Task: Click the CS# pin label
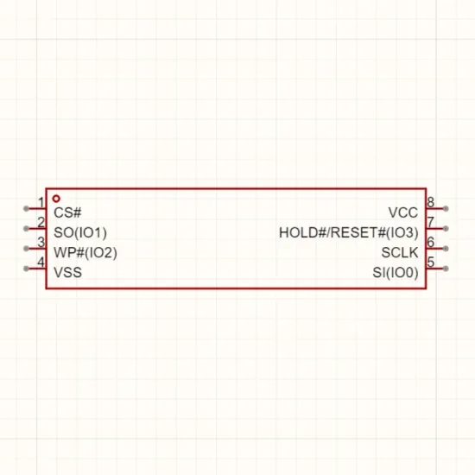pyautogui.click(x=67, y=212)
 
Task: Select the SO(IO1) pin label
pyautogui.click(x=80, y=232)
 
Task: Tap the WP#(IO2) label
pyautogui.click(x=85, y=253)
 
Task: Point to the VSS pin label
pyautogui.click(x=68, y=272)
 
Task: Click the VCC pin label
pyautogui.click(x=403, y=212)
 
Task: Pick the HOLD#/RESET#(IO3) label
pyautogui.click(x=349, y=232)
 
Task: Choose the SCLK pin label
pyautogui.click(x=400, y=253)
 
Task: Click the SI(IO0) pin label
pyautogui.click(x=396, y=273)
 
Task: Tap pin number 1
pyautogui.click(x=41, y=202)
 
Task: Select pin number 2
pyautogui.click(x=41, y=222)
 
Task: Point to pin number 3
pyautogui.click(x=41, y=242)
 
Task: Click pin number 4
pyautogui.click(x=41, y=262)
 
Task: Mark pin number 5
pyautogui.click(x=430, y=262)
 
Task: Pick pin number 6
pyautogui.click(x=430, y=242)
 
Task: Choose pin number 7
pyautogui.click(x=430, y=222)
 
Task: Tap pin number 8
pyautogui.click(x=430, y=202)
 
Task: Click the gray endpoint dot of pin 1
pyautogui.click(x=27, y=208)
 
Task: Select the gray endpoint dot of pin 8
pyautogui.click(x=446, y=208)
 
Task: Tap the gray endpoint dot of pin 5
pyautogui.click(x=446, y=269)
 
